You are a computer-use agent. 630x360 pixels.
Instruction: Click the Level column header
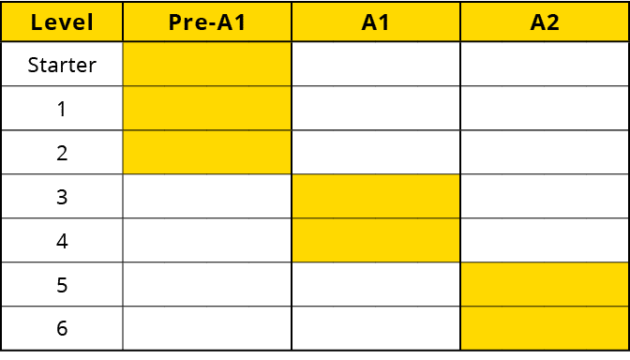(x=62, y=22)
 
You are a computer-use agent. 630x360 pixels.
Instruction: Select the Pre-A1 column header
(x=207, y=22)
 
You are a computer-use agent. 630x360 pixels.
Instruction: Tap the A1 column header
(x=376, y=22)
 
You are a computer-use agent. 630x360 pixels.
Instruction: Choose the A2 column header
(x=545, y=22)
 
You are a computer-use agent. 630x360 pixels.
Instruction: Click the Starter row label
(x=62, y=65)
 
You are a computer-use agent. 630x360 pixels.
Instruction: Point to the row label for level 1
(x=62, y=109)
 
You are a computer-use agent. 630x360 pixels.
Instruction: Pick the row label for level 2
(x=62, y=153)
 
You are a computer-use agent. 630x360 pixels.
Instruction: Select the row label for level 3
(x=62, y=197)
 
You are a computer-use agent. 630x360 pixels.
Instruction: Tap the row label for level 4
(x=62, y=241)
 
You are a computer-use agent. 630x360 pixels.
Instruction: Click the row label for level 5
(x=62, y=285)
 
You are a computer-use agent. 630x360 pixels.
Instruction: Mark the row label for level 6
(x=62, y=329)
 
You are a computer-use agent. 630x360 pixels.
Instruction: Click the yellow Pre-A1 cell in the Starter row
(x=207, y=65)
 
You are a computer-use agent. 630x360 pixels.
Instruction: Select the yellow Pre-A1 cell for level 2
(x=207, y=153)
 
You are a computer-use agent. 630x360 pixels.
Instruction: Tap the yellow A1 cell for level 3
(x=376, y=197)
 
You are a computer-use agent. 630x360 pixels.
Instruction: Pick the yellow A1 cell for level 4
(x=376, y=241)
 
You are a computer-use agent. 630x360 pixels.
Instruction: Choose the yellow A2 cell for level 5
(x=545, y=285)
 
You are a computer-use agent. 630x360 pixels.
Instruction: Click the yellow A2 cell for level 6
(x=545, y=329)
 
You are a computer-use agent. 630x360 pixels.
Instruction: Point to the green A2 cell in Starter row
(x=545, y=65)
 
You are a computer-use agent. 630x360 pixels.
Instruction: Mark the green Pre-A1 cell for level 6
(x=207, y=329)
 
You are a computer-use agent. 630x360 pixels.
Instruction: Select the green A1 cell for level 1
(x=376, y=109)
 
